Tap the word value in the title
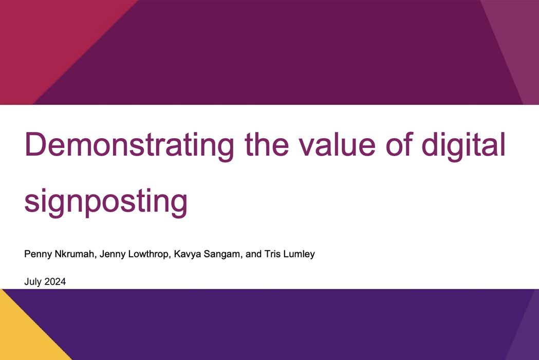click(337, 144)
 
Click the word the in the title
click(266, 144)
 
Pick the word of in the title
click(399, 144)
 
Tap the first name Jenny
click(113, 254)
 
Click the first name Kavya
click(188, 254)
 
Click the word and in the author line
click(254, 254)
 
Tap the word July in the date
click(33, 282)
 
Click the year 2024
click(55, 281)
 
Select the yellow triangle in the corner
click(21, 333)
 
